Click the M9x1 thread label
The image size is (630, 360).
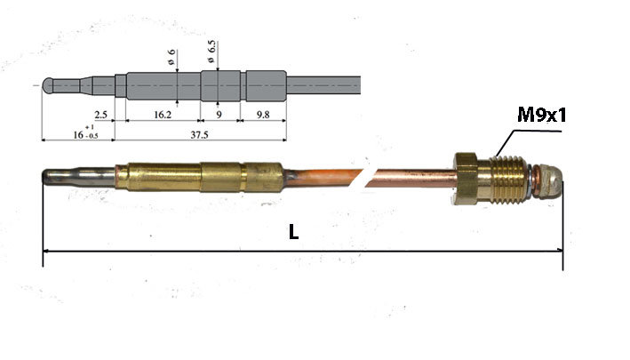coord(542,115)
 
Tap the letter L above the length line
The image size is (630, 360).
coord(294,232)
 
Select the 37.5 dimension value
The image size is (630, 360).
coord(199,134)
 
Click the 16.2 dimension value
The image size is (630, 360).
coord(163,115)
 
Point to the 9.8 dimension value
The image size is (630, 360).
coord(263,115)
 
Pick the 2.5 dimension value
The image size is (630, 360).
coord(100,115)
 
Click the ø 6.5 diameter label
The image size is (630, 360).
coord(211,52)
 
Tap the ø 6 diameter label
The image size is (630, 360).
coord(171,57)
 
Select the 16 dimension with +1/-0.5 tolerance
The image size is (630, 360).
coord(85,132)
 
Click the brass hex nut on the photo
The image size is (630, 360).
coord(467,178)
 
